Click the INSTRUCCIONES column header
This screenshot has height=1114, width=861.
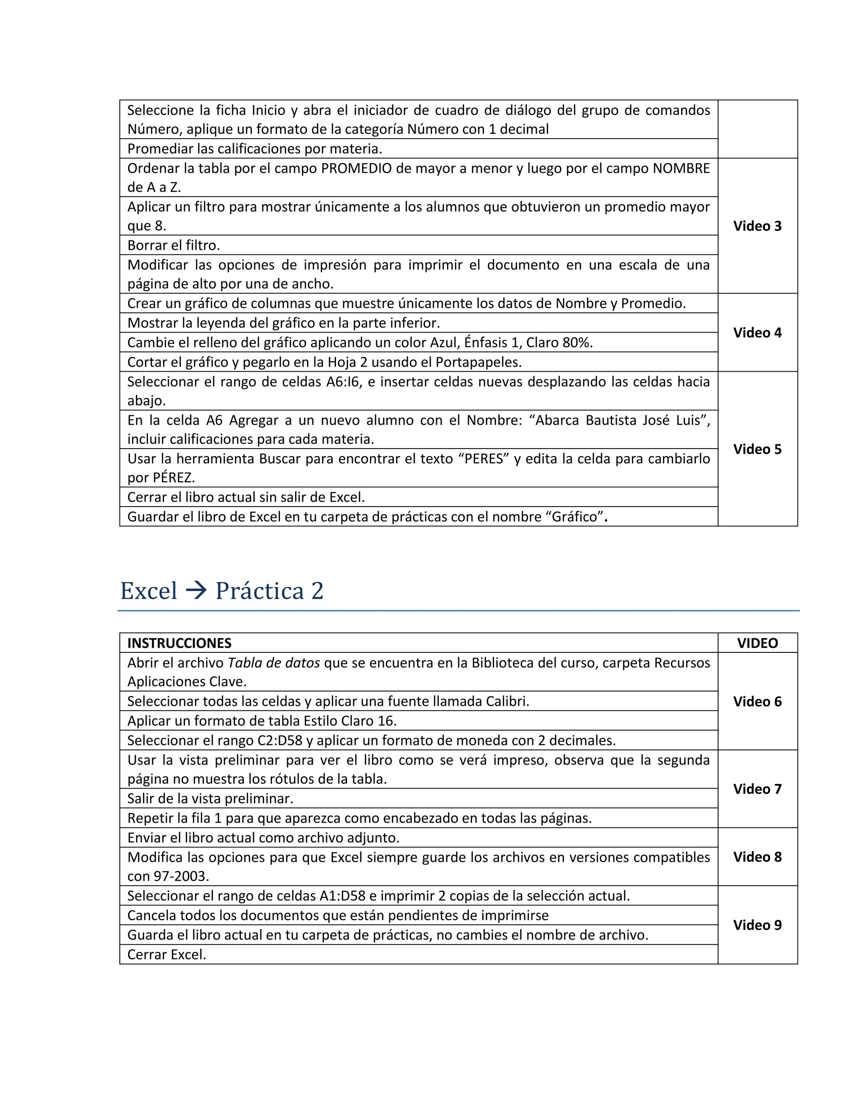pos(179,643)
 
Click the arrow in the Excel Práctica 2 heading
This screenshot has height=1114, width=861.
pos(196,591)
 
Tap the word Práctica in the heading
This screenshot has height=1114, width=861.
pos(260,591)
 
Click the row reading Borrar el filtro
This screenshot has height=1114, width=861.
pos(174,246)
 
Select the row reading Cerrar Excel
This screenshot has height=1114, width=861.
pos(167,954)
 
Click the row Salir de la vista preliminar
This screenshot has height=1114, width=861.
pos(210,798)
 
